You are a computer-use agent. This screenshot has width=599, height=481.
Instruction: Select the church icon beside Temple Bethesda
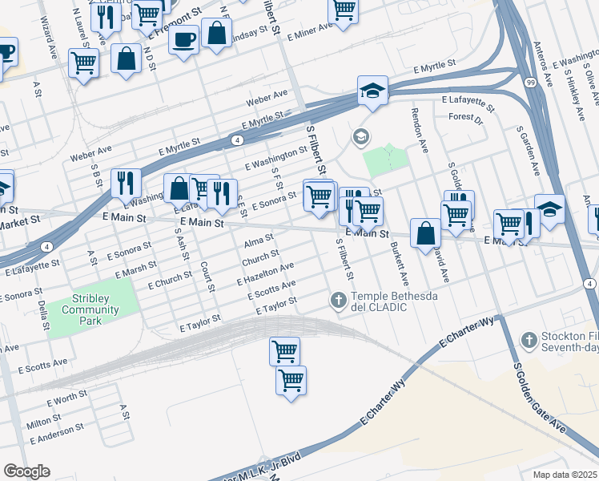[338, 301]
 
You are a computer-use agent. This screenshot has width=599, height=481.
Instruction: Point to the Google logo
[26, 471]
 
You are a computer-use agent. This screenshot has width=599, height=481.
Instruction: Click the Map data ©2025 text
[565, 475]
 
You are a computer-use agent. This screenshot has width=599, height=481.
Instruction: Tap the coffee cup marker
[183, 38]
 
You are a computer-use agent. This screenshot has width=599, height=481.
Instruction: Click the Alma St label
[259, 240]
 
